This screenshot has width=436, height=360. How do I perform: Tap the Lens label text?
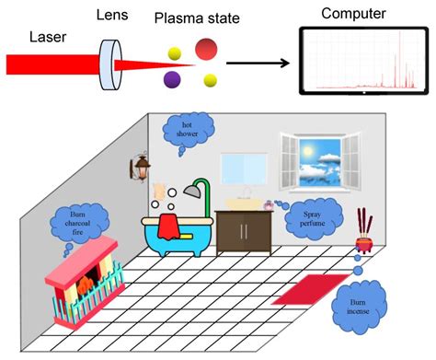(x=115, y=16)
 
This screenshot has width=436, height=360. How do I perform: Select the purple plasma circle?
(x=172, y=81)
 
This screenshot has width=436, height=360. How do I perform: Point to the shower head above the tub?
(x=193, y=190)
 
